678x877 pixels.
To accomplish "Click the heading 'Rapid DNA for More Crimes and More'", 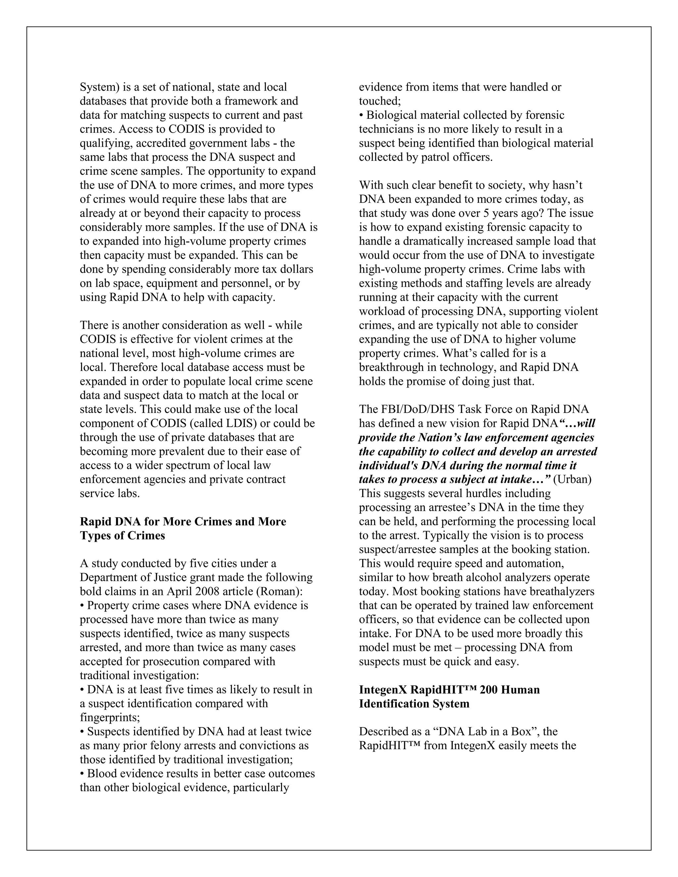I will point(183,522).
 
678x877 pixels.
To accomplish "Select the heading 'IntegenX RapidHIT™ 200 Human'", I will point(449,689).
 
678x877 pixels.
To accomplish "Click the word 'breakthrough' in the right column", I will point(385,367).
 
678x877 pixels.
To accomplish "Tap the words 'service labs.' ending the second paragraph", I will point(110,493).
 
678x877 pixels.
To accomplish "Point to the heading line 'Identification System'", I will point(414,704).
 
